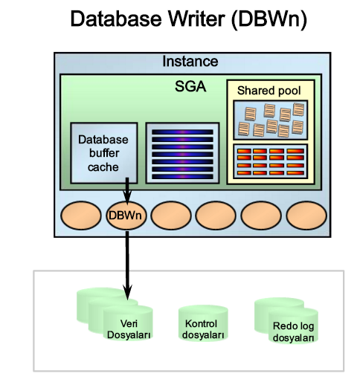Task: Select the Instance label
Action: point(190,62)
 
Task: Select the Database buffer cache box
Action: point(103,152)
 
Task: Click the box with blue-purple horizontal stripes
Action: point(182,152)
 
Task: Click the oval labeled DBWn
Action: point(127,216)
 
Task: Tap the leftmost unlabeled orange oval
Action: point(81,216)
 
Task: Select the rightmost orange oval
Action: point(307,216)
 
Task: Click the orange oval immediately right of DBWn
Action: point(172,216)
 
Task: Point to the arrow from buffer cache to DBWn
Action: point(127,189)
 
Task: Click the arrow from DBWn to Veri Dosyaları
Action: point(127,260)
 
